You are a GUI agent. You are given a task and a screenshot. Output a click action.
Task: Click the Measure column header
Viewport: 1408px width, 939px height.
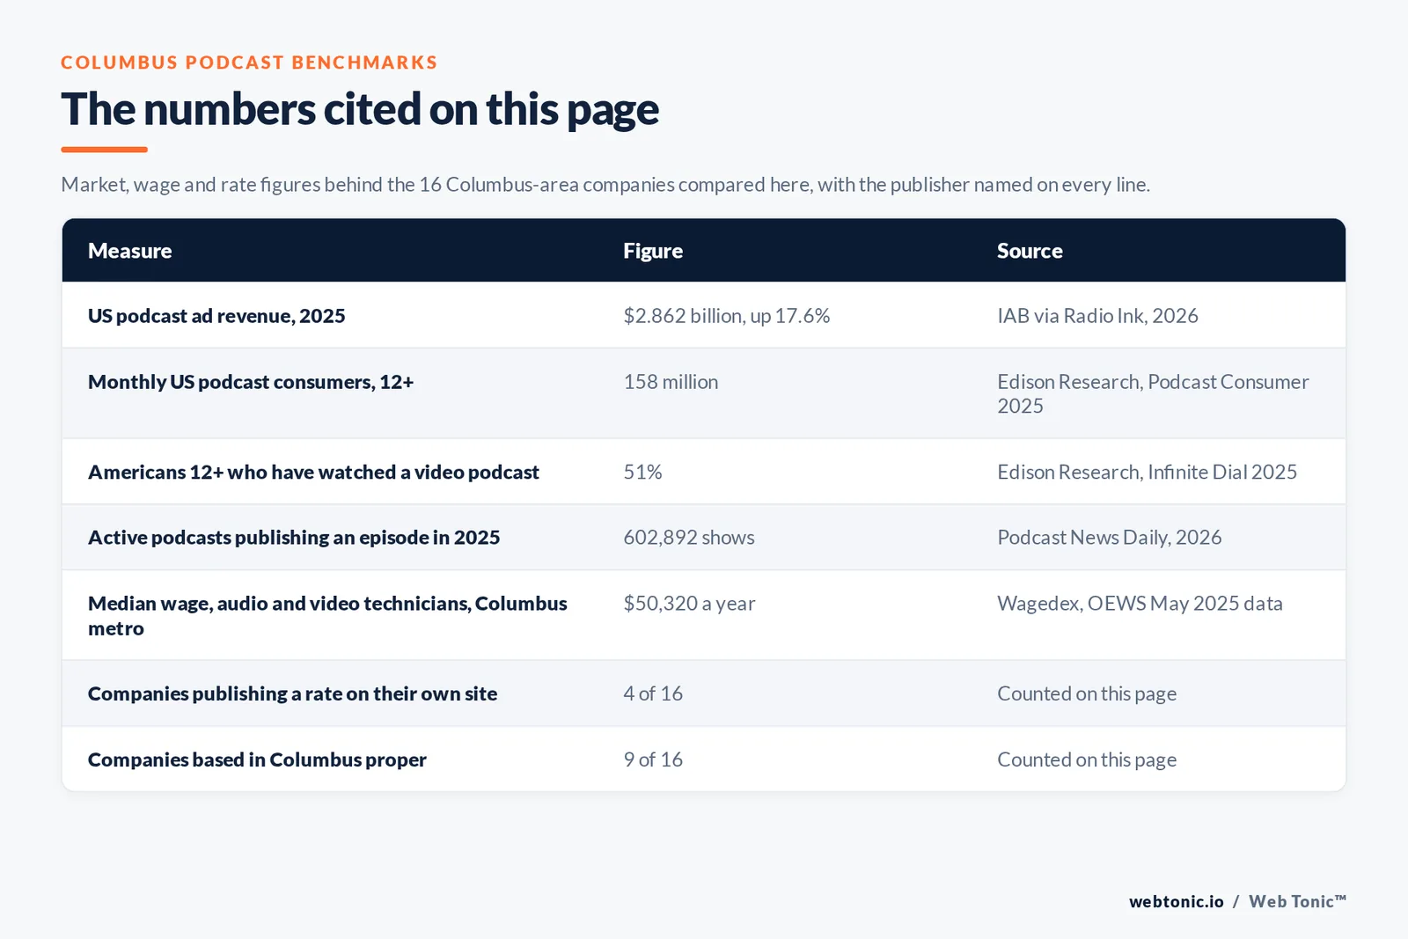pyautogui.click(x=129, y=250)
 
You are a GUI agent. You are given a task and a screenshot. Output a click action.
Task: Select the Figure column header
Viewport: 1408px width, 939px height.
pyautogui.click(x=652, y=251)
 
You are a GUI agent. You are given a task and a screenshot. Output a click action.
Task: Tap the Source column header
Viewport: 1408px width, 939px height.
pyautogui.click(x=1030, y=250)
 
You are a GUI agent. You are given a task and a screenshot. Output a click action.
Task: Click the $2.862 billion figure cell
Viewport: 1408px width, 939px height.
pyautogui.click(x=726, y=316)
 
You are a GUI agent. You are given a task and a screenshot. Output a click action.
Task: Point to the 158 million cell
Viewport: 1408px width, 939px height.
pyautogui.click(x=670, y=382)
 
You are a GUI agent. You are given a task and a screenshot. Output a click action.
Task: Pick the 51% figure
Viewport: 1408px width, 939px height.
pyautogui.click(x=642, y=472)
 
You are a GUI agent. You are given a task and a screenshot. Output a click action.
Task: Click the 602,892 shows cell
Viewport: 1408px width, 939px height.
pyautogui.click(x=688, y=538)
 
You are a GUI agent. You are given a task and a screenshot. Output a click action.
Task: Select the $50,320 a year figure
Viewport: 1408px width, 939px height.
pyautogui.click(x=689, y=604)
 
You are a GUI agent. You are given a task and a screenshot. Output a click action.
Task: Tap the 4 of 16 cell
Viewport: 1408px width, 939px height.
pyautogui.click(x=652, y=693)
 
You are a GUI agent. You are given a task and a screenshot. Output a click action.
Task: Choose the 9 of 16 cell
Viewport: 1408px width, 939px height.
pyautogui.click(x=652, y=759)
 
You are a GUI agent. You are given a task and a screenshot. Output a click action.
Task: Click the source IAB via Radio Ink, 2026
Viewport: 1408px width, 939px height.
pyautogui.click(x=1097, y=316)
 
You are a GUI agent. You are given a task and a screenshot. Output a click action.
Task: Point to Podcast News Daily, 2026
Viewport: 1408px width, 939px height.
pyautogui.click(x=1109, y=538)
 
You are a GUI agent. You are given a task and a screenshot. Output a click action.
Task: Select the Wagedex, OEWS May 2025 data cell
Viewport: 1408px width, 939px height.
pyautogui.click(x=1140, y=604)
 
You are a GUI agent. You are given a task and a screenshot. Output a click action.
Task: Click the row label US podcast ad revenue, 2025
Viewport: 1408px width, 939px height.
pyautogui.click(x=216, y=316)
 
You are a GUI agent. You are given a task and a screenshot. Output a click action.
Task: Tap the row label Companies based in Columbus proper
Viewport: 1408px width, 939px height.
pyautogui.click(x=257, y=759)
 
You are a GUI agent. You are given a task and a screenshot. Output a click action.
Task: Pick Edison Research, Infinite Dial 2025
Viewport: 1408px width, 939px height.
pyautogui.click(x=1147, y=472)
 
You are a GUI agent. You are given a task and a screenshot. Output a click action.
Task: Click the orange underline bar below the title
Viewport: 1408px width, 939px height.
pyautogui.click(x=105, y=150)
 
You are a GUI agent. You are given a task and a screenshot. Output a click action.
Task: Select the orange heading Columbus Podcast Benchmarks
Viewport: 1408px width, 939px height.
pyautogui.click(x=249, y=62)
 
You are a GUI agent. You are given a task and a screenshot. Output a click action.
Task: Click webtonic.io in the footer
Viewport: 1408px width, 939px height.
pyautogui.click(x=1176, y=901)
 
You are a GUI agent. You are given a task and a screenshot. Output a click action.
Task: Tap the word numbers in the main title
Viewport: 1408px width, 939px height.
pyautogui.click(x=230, y=109)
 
